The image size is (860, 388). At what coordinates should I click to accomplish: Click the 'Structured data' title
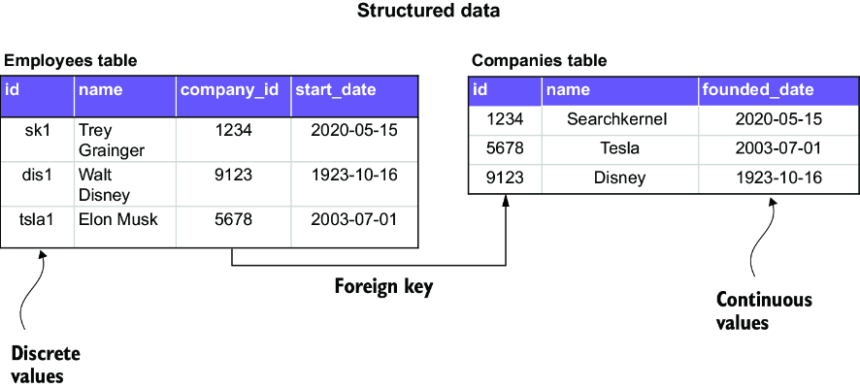428,11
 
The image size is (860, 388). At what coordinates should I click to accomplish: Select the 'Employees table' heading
71,61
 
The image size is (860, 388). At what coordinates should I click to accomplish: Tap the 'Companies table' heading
539,61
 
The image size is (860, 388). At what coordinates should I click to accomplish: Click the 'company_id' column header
230,90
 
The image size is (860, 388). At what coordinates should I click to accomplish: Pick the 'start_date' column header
336,90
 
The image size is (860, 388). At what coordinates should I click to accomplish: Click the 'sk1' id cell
38,131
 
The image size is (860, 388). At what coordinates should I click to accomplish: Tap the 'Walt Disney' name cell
104,184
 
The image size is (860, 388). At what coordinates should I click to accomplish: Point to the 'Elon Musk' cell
117,220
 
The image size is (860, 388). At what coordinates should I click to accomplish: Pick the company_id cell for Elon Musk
234,220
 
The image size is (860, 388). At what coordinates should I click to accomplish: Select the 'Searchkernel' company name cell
617,119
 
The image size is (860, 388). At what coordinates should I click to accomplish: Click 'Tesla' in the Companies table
620,148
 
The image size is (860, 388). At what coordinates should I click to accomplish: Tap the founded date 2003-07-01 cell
778,148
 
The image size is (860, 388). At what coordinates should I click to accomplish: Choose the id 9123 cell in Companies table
505,178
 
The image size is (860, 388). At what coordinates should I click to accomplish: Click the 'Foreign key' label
384,286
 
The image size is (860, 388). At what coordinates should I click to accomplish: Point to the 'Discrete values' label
46,365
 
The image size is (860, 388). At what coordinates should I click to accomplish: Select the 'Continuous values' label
764,310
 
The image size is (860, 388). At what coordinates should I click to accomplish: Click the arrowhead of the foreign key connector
506,201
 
